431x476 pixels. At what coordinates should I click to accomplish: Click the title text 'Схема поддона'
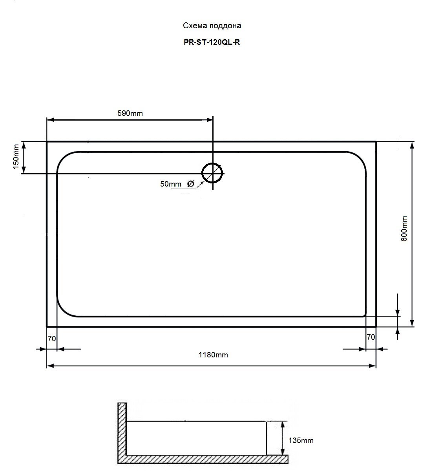tap(212, 26)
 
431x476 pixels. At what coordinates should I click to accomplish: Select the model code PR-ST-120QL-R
tap(212, 42)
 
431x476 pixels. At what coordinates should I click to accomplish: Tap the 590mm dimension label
tap(130, 113)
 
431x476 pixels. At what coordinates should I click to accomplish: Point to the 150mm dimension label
tap(16, 157)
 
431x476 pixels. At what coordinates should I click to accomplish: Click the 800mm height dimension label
tap(404, 229)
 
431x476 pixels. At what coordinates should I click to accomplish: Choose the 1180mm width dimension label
tap(213, 355)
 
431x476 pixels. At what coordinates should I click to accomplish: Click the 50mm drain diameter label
tap(170, 184)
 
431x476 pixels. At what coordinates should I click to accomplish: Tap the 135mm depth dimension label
tap(301, 440)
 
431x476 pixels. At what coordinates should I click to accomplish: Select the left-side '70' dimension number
tap(52, 339)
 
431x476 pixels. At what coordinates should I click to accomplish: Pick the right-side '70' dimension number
tap(371, 337)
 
